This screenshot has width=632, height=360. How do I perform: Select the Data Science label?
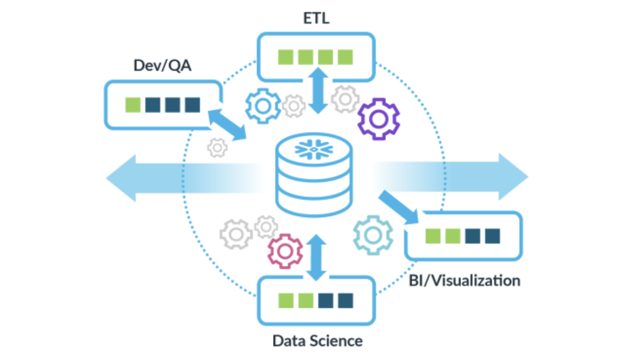point(317,341)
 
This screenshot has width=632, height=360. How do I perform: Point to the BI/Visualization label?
point(464,280)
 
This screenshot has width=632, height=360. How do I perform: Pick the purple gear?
point(378,119)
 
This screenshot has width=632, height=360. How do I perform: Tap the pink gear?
point(284,250)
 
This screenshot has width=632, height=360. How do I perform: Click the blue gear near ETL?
point(263,106)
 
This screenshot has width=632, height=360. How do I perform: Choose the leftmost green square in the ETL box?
point(285,57)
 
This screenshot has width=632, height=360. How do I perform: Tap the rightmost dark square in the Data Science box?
point(345,300)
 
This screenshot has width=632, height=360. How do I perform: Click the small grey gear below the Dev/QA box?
point(218,147)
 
